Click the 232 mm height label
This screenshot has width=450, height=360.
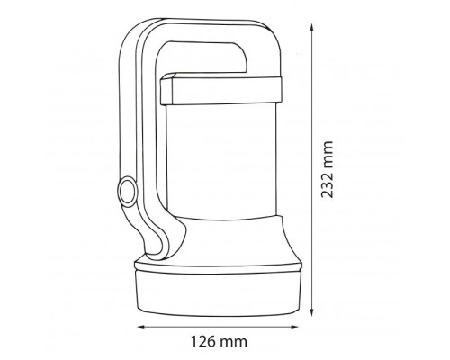pyautogui.click(x=328, y=169)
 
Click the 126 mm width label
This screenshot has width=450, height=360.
pyautogui.click(x=220, y=341)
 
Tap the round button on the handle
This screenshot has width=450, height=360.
pyautogui.click(x=127, y=191)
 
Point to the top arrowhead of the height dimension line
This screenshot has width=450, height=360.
pyautogui.click(x=312, y=28)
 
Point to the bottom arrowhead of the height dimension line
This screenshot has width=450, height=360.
pyautogui.click(x=312, y=312)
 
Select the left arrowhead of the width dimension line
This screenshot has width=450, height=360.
pyautogui.click(x=141, y=327)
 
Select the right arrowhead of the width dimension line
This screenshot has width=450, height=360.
pyautogui.click(x=295, y=327)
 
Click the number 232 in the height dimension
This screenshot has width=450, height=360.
pyautogui.click(x=328, y=185)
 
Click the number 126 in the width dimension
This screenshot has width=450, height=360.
pyautogui.click(x=203, y=341)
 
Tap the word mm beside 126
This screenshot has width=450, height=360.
pyautogui.click(x=235, y=343)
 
